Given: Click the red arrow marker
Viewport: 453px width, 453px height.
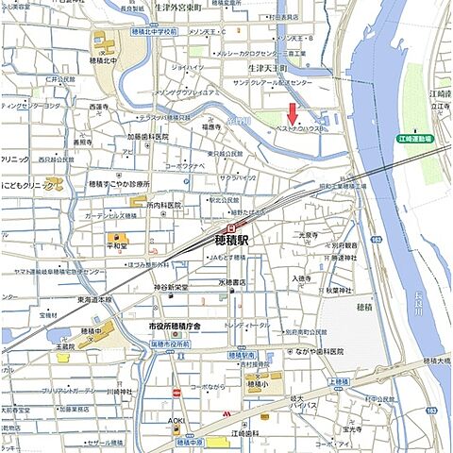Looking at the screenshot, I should click(293, 112).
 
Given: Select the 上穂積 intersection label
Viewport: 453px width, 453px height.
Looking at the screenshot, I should click(340, 380).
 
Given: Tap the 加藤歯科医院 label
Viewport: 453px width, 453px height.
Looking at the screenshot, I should click(148, 136).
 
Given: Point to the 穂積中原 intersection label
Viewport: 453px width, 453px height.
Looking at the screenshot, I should click(192, 442).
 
